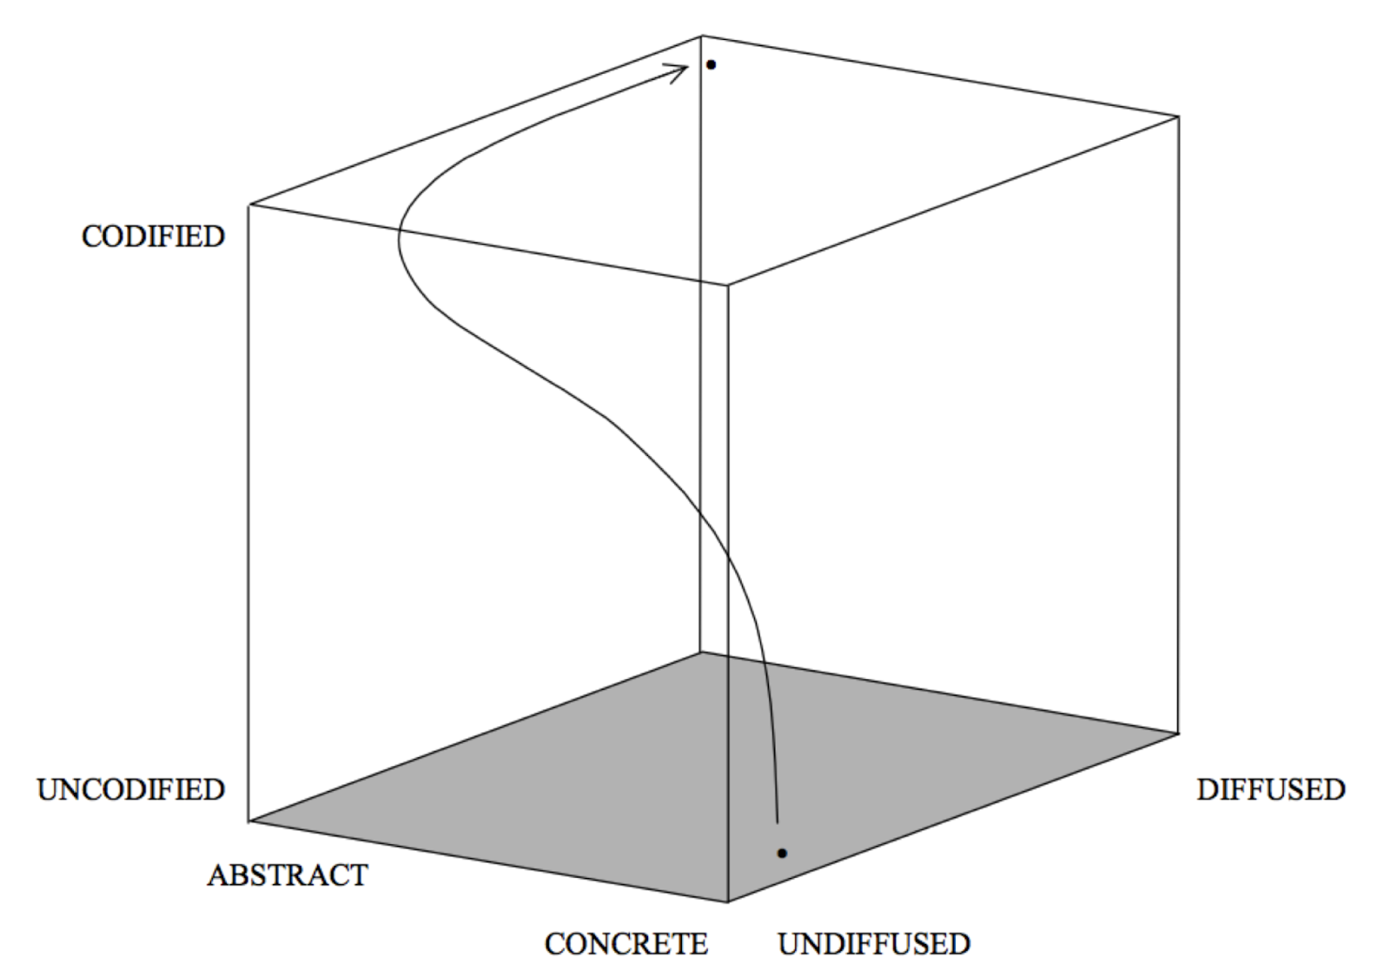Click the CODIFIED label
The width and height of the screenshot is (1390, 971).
153,236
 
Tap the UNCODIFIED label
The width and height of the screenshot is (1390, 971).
130,789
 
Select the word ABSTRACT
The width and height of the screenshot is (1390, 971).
287,875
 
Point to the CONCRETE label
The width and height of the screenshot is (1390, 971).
625,943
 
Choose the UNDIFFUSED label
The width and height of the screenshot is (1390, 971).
873,943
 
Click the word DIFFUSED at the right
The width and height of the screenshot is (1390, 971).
1270,789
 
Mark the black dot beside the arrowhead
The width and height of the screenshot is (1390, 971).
711,65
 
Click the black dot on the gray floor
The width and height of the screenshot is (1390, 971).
782,854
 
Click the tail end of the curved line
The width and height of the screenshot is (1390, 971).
777,821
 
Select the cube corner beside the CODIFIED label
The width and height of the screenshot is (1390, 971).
249,205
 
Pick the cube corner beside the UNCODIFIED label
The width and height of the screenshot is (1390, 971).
249,820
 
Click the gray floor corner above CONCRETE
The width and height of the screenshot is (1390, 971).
727,902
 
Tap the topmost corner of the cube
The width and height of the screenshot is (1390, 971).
702,36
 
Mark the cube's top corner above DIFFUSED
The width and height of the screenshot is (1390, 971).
1178,116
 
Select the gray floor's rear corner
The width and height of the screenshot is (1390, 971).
701,652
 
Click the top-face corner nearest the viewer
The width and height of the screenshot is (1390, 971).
727,284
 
